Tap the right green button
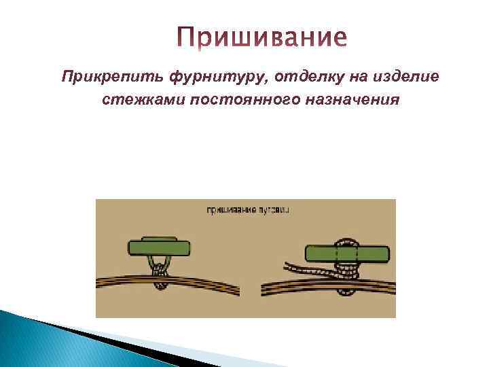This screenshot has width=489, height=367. [347, 255]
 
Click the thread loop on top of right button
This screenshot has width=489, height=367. [347, 241]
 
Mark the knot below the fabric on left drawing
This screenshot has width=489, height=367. [161, 287]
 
